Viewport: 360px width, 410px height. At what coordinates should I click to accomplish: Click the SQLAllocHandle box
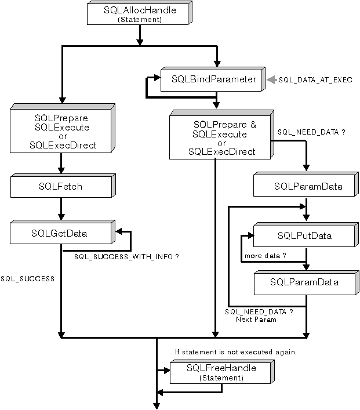(x=139, y=13)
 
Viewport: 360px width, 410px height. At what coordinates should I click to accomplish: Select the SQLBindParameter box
(x=214, y=79)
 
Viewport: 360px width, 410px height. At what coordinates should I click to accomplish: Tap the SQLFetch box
(x=61, y=187)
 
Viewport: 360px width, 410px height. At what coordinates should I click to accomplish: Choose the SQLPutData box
(x=304, y=235)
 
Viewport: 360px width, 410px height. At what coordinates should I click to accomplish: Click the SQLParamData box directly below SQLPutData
(x=304, y=282)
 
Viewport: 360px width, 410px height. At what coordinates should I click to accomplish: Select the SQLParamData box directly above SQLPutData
(x=304, y=187)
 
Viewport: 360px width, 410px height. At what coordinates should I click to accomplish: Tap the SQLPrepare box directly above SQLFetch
(x=61, y=131)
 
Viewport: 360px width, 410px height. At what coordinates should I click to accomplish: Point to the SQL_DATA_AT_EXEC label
(x=315, y=79)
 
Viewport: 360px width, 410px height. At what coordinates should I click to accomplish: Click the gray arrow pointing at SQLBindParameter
(x=271, y=79)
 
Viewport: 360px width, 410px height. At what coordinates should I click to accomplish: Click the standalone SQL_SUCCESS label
(x=28, y=278)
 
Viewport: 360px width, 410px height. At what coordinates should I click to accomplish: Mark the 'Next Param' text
(x=256, y=320)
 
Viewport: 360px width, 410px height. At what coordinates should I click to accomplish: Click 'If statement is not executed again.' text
(x=236, y=351)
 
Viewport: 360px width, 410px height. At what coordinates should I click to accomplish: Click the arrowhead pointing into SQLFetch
(x=61, y=172)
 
